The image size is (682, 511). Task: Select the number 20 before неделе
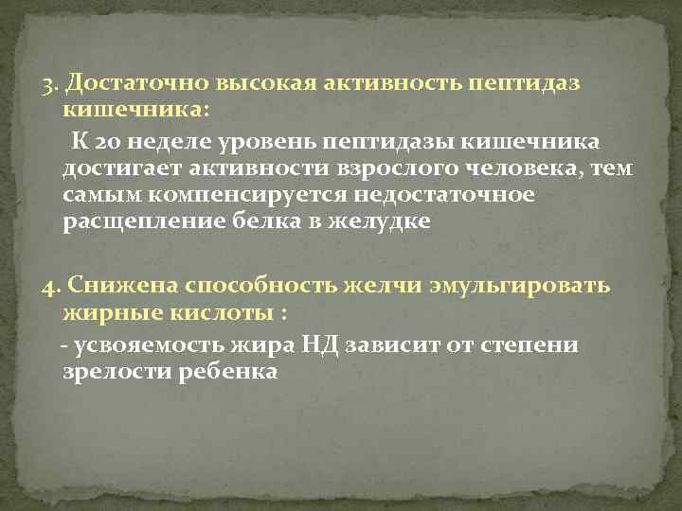[x=108, y=143]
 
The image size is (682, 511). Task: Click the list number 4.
[x=51, y=287]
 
